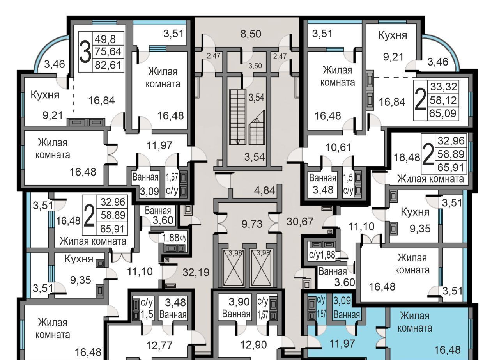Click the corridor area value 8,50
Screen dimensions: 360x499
[250, 34]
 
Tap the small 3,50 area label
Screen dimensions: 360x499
[255, 66]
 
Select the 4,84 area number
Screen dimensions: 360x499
[264, 191]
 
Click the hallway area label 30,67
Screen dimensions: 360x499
[300, 222]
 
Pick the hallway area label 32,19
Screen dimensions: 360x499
[196, 272]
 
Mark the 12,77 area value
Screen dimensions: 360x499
[159, 345]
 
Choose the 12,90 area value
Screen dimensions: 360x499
[249, 345]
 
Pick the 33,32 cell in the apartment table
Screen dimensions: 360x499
[443, 87]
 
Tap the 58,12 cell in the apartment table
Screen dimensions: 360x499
[443, 100]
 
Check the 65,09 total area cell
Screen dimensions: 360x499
[443, 113]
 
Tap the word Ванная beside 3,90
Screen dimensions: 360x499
[236, 314]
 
